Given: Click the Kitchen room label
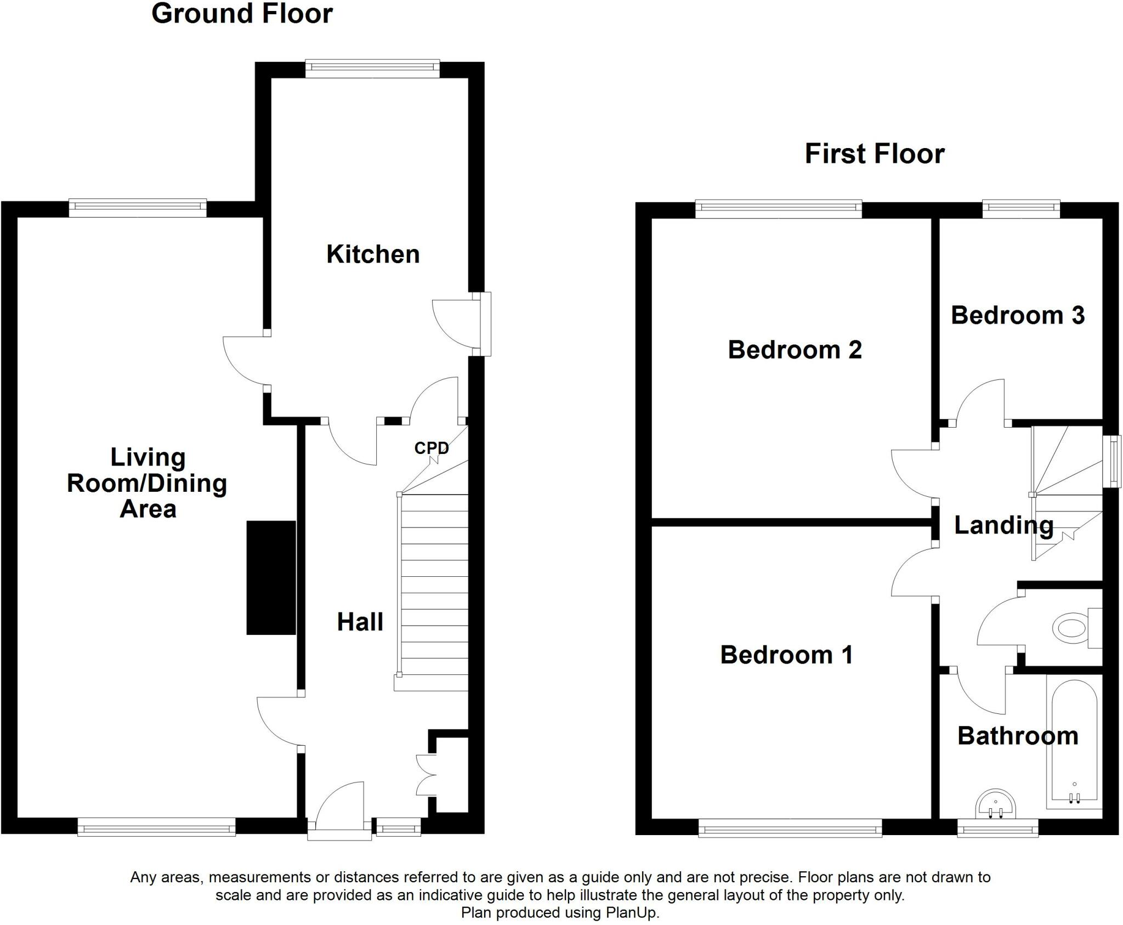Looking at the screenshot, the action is point(373,254).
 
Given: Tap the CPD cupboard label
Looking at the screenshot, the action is point(432,448).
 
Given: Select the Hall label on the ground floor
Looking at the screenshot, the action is point(360,622).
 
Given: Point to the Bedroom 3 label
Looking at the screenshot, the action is point(1018,315).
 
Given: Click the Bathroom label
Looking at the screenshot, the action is point(1018,736).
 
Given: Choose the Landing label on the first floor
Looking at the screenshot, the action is point(1003,525).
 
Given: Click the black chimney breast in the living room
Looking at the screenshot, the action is point(271,578).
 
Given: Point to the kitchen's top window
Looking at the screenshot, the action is point(372,68).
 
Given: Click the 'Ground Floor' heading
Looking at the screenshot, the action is point(242,13).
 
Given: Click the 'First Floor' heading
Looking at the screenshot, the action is point(875,154).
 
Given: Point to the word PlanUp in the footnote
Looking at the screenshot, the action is point(631,913).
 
